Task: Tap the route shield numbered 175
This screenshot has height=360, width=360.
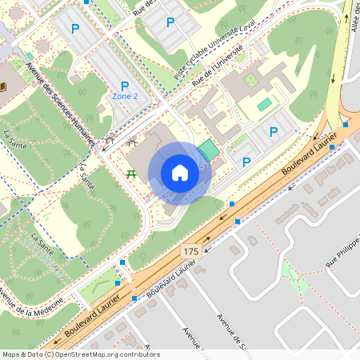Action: pos(190,251)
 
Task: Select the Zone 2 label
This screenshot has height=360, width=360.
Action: pos(125,96)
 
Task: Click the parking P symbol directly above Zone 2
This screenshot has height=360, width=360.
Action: pos(125,86)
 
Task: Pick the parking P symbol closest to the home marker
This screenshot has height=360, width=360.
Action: pos(246,162)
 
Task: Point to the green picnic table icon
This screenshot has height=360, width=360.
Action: pos(130,174)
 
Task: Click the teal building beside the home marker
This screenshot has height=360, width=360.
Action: pos(207,150)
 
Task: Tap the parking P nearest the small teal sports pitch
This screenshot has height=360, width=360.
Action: pos(273,132)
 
